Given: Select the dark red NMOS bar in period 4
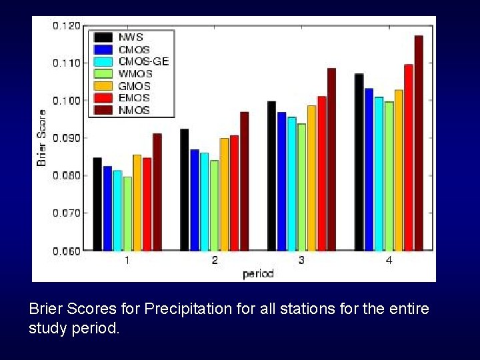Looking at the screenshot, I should point(419,143).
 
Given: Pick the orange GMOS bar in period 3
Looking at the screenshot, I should point(311,178).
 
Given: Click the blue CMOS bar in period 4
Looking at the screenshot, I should point(369,169).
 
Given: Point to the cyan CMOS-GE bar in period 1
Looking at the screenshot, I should point(117,211).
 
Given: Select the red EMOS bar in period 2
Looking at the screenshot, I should point(234,193).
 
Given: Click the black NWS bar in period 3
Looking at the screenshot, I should point(271,176).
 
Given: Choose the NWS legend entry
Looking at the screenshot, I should point(131,37).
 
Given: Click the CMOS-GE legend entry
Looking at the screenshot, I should point(143,61).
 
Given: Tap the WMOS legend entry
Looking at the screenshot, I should point(135,73).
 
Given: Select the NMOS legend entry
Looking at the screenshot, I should point(134,110).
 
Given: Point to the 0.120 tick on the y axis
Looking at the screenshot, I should point(67,25).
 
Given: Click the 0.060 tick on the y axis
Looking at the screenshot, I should point(67,251).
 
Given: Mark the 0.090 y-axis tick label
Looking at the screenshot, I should point(67,138).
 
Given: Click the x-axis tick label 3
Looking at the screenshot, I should point(301,261).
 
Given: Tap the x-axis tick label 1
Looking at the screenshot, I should point(127,261).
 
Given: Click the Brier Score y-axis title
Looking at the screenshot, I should point(42,138).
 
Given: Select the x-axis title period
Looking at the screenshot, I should point(258,273).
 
